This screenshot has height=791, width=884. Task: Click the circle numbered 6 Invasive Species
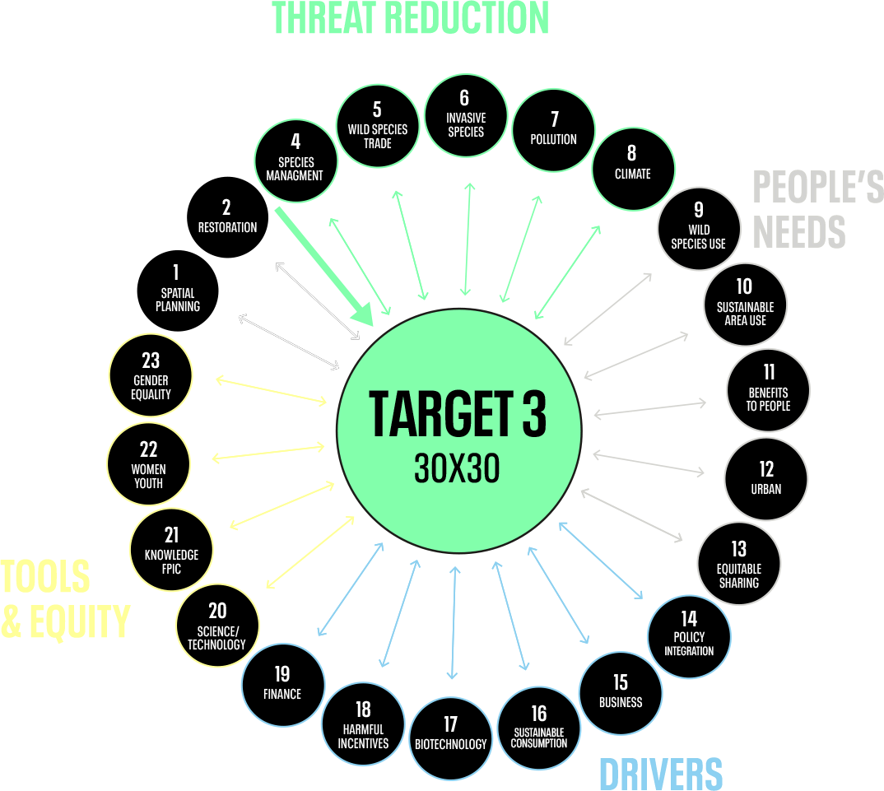pyautogui.click(x=465, y=115)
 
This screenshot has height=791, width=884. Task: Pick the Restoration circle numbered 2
pyautogui.click(x=227, y=218)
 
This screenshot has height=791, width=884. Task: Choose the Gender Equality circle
pyautogui.click(x=151, y=375)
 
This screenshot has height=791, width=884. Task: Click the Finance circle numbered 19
pyautogui.click(x=282, y=684)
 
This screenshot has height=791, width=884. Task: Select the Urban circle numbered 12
pyautogui.click(x=765, y=478)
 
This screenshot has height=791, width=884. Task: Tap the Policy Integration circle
pyautogui.click(x=689, y=636)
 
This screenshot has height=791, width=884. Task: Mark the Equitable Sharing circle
pyautogui.click(x=738, y=564)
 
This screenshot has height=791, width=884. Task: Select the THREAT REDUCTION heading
pyautogui.click(x=410, y=18)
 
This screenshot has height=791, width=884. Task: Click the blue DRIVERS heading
pyautogui.click(x=660, y=774)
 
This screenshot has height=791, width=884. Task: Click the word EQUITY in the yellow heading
pyautogui.click(x=78, y=621)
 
